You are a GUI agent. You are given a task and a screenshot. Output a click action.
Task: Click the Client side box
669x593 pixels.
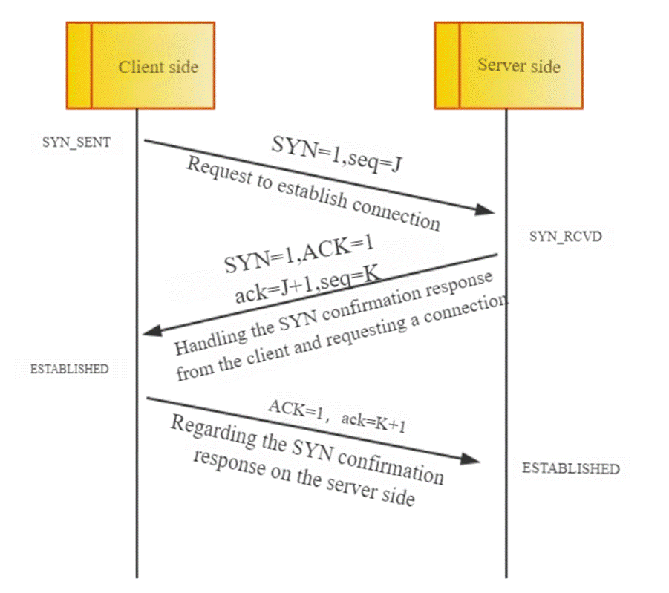(140, 65)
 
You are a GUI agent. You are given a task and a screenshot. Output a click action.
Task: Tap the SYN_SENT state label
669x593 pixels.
(76, 142)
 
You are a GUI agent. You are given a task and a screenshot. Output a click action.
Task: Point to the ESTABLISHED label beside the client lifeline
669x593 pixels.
(69, 369)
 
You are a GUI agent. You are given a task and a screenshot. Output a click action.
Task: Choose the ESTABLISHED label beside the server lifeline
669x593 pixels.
(570, 468)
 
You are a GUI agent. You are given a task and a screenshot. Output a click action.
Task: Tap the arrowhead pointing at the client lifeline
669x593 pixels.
(151, 331)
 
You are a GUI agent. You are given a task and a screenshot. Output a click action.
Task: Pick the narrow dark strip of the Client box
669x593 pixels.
(79, 65)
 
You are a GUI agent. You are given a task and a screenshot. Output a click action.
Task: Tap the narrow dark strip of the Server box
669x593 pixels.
(447, 65)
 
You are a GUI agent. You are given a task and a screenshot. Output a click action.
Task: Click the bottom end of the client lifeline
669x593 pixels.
(137, 575)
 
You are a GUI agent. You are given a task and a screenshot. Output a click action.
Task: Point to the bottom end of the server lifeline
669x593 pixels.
(506, 575)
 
